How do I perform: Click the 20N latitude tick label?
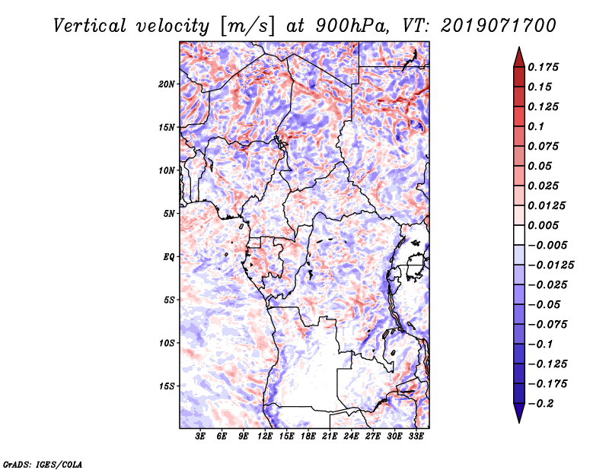coord(167,84)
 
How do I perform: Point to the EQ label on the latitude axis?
coord(168,256)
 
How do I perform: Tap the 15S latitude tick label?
coord(167,386)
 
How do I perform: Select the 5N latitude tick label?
coord(168,214)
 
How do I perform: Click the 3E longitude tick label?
coord(201,436)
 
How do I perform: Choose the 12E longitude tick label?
coord(266,436)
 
